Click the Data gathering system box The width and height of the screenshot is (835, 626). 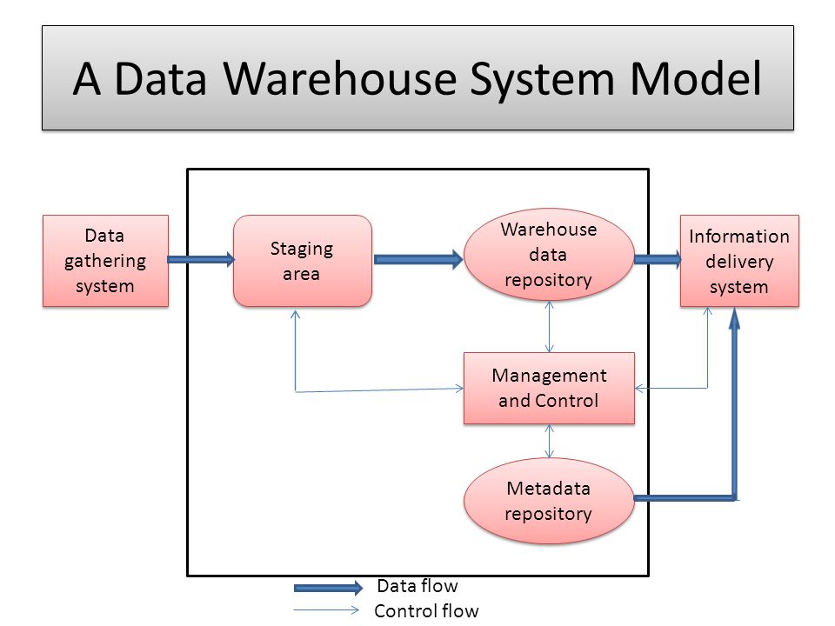pyautogui.click(x=105, y=261)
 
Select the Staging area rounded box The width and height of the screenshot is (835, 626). pyautogui.click(x=303, y=261)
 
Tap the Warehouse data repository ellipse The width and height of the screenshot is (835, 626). pyautogui.click(x=549, y=255)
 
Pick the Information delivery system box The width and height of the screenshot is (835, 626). pyautogui.click(x=739, y=261)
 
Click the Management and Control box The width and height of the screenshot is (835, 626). pyautogui.click(x=549, y=388)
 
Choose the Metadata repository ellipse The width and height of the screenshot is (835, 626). pyautogui.click(x=549, y=501)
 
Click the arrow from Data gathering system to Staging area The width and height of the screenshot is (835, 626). pyautogui.click(x=201, y=259)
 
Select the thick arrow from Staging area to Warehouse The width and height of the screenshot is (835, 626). pyautogui.click(x=418, y=259)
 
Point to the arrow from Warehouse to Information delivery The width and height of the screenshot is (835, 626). pyautogui.click(x=658, y=259)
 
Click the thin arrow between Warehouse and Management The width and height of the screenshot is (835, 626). pyautogui.click(x=549, y=326)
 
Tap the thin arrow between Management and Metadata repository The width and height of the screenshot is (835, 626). pyautogui.click(x=549, y=441)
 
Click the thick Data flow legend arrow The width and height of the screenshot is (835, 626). pyautogui.click(x=328, y=588)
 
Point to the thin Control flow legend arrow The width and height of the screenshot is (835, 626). pyautogui.click(x=327, y=610)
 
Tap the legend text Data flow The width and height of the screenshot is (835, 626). pyautogui.click(x=417, y=585)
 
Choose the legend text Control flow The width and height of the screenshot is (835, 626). pyautogui.click(x=426, y=610)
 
